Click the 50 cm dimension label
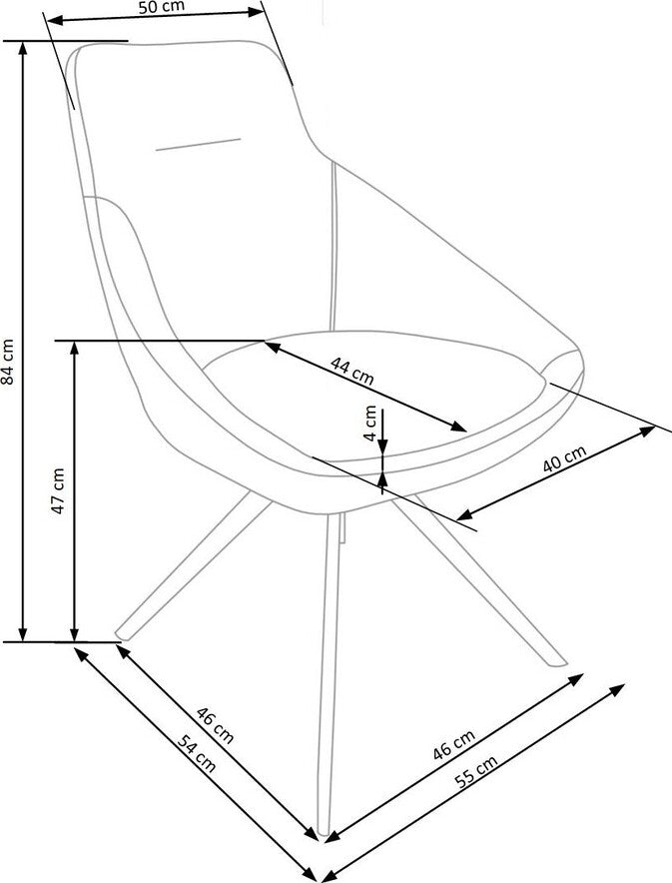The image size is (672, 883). click(x=161, y=7)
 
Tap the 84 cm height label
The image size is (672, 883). click(x=8, y=361)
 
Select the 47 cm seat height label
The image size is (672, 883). click(x=58, y=489)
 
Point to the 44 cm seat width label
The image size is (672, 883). click(x=351, y=370)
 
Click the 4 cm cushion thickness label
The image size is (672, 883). click(x=370, y=423)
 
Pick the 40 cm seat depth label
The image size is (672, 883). click(x=564, y=458)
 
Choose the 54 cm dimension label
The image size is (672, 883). click(x=197, y=754)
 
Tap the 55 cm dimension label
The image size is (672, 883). click(x=476, y=771)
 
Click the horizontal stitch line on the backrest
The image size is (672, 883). click(x=198, y=144)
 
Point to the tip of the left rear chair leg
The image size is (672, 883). click(x=121, y=634)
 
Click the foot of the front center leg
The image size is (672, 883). click(x=324, y=831)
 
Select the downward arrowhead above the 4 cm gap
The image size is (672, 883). click(x=382, y=447)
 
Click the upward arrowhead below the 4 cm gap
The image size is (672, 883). click(x=382, y=478)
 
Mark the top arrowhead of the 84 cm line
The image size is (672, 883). click(x=23, y=48)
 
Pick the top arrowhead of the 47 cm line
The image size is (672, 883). click(x=74, y=348)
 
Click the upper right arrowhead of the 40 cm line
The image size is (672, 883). click(x=648, y=431)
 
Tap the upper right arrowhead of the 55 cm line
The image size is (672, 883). click(x=618, y=688)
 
